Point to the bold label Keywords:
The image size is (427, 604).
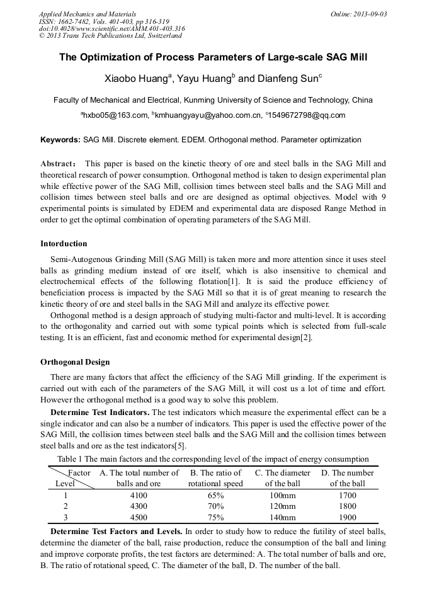click(x=60, y=139)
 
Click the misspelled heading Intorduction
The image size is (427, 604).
click(x=64, y=244)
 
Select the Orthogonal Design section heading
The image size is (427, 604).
click(x=75, y=362)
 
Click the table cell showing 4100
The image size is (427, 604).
click(x=139, y=496)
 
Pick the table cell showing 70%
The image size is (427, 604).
click(x=215, y=506)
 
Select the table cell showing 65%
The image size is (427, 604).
click(x=215, y=496)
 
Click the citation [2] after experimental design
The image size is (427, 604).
click(x=305, y=338)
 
